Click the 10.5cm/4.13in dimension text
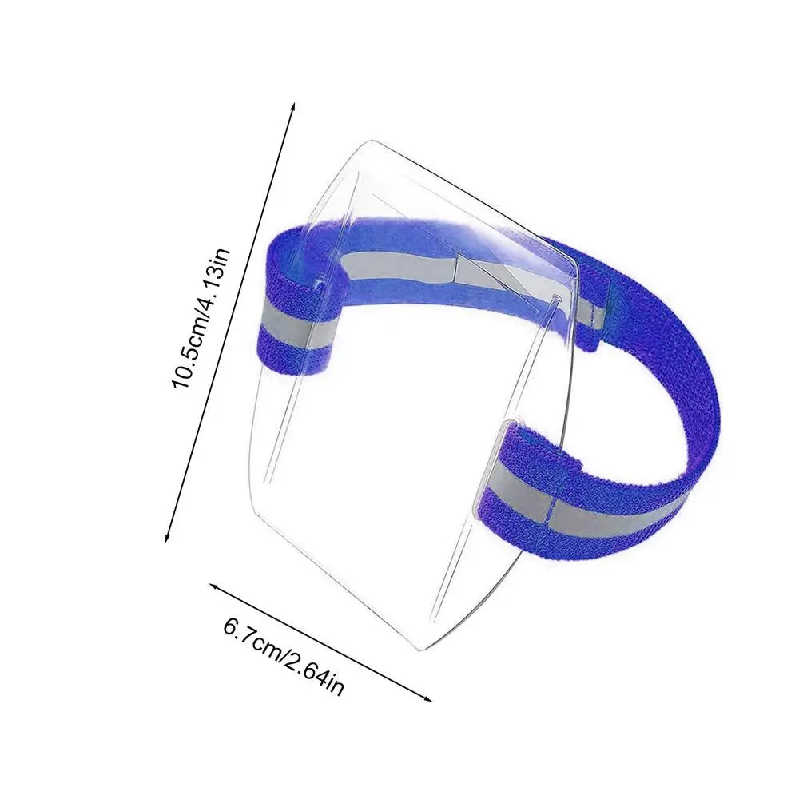[x=202, y=319]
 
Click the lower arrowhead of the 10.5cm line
[x=167, y=537]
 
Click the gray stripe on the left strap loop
[x=299, y=324]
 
